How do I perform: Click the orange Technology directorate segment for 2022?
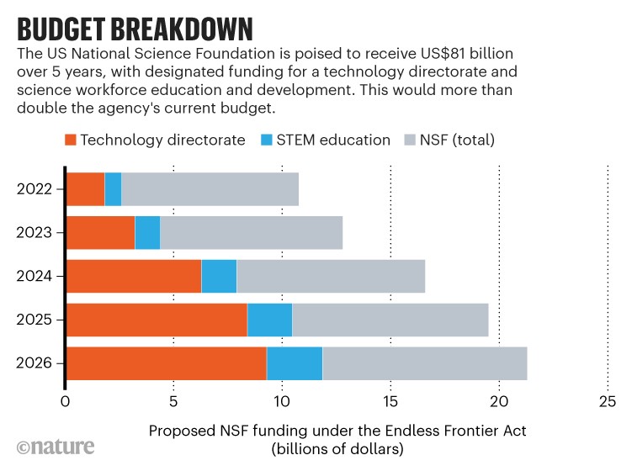85,188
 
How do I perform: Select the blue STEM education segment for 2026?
295,363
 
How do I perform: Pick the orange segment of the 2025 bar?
157,320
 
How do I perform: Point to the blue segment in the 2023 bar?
147,232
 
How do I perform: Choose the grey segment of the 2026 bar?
425,363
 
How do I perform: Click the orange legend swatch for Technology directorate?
72,140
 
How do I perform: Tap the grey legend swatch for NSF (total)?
411,140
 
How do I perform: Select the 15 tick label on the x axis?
390,401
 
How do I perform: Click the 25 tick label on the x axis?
608,401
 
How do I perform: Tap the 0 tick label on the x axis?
66,401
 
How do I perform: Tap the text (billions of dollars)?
337,449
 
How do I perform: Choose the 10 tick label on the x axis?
282,401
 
